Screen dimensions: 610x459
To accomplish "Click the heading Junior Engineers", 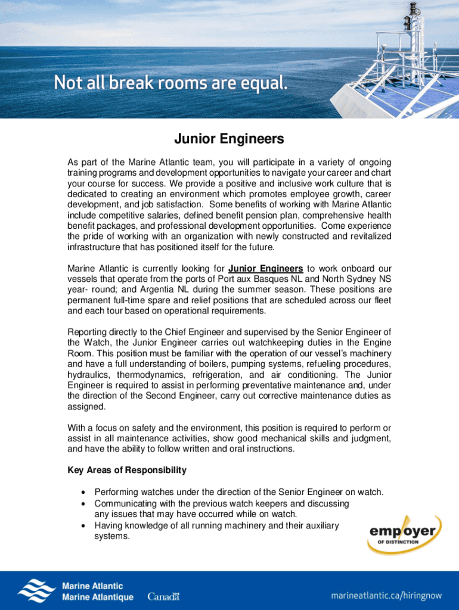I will [x=229, y=140].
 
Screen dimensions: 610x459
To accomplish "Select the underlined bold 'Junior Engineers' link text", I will [x=265, y=268].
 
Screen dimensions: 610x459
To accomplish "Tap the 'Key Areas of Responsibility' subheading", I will [x=127, y=470].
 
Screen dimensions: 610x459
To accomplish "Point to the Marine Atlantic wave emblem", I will [x=37, y=589].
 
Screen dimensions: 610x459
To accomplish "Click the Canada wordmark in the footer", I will [x=163, y=596].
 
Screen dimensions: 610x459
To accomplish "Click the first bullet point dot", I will [x=82, y=492].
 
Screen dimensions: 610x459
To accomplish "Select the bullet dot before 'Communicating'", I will [x=82, y=503].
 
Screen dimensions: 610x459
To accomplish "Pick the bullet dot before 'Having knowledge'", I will [x=82, y=526].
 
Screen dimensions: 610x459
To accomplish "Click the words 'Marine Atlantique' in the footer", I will [x=98, y=597].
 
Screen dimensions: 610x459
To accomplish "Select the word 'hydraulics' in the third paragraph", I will [x=89, y=375].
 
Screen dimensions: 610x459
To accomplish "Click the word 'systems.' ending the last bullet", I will [x=111, y=537].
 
